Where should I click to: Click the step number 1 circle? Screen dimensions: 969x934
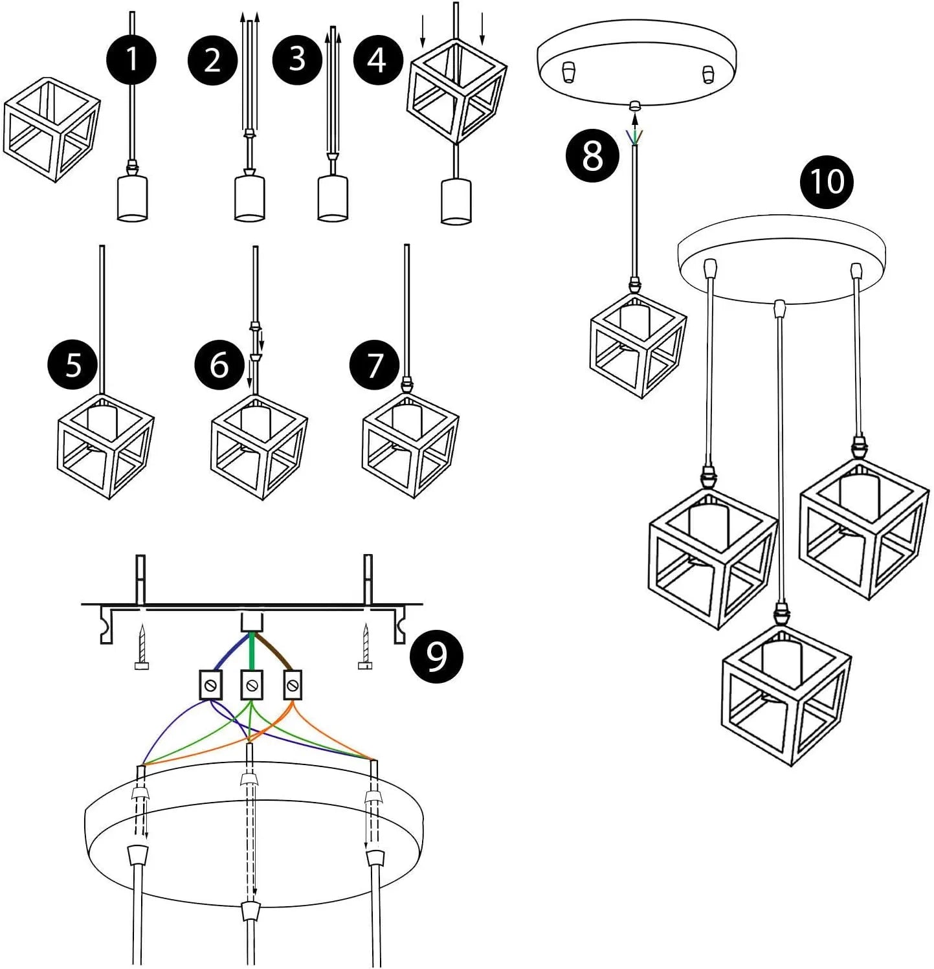point(131,60)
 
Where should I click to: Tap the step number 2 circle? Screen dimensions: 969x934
point(213,60)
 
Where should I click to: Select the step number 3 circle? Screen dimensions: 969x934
point(297,59)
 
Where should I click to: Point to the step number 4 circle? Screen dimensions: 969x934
point(378,60)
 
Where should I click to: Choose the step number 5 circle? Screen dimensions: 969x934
point(72,365)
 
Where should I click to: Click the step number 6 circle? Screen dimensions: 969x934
point(219,365)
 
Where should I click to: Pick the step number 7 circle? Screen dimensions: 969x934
point(375,365)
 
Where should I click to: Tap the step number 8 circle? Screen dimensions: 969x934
point(592,156)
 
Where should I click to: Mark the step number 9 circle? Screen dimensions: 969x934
point(437,656)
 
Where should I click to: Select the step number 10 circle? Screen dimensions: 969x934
point(827,182)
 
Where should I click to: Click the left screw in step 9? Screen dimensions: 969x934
point(141,647)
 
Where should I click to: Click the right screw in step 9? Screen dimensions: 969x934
point(366,647)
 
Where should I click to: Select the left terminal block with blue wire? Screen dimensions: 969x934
point(210,685)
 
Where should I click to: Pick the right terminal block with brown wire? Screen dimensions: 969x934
point(293,685)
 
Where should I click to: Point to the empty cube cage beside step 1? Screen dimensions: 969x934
point(52,129)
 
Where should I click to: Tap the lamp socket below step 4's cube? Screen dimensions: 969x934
point(456,201)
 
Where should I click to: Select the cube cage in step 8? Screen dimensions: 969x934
point(637,346)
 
